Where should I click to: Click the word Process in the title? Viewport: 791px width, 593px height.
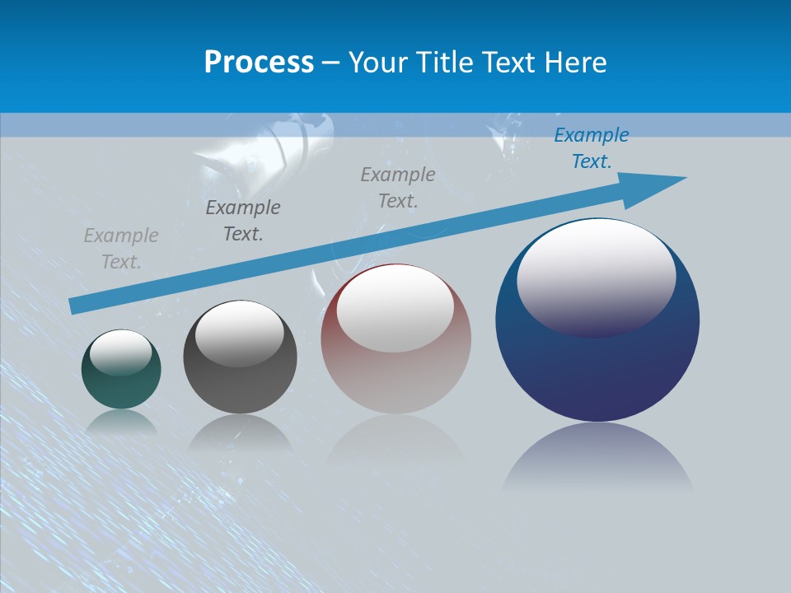pyautogui.click(x=259, y=63)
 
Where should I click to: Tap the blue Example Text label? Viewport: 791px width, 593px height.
pyautogui.click(x=591, y=148)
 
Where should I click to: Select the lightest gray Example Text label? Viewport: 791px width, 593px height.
pyautogui.click(x=121, y=249)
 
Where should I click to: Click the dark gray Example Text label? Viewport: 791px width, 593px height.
pyautogui.click(x=242, y=221)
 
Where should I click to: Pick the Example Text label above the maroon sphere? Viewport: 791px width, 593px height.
pyautogui.click(x=398, y=187)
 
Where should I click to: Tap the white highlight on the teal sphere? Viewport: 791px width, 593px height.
pyautogui.click(x=121, y=351)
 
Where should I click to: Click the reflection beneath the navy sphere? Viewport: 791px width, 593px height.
pyautogui.click(x=597, y=457)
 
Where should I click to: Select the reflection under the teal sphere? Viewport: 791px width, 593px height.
pyautogui.click(x=121, y=421)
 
